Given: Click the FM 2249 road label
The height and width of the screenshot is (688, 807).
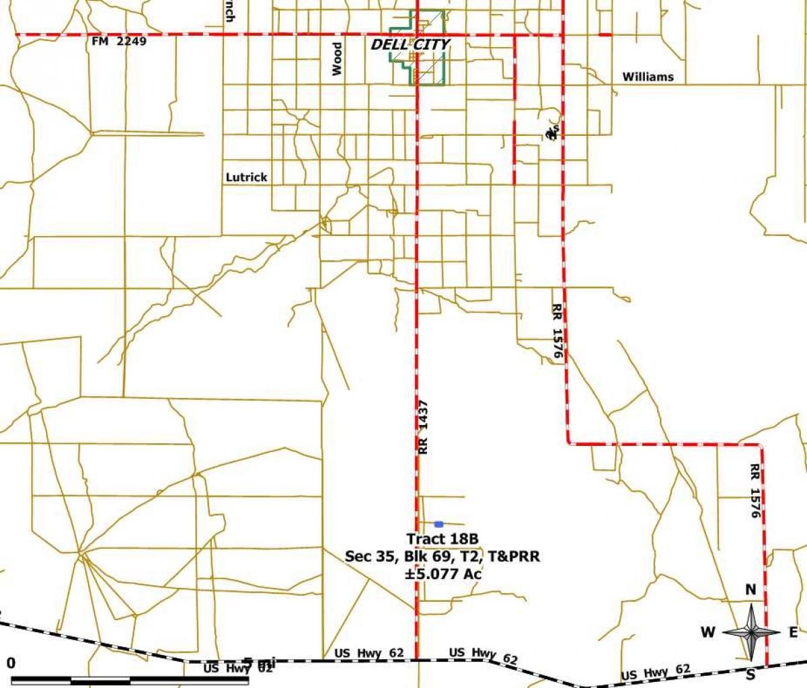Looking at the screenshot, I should (x=118, y=42).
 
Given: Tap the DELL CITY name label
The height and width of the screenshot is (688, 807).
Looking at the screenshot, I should (x=411, y=45).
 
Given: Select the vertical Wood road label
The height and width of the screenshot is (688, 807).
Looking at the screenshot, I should (x=338, y=59).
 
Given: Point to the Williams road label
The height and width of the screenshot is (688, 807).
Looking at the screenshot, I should (x=648, y=77).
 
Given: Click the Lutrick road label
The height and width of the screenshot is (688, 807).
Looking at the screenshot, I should (x=246, y=178).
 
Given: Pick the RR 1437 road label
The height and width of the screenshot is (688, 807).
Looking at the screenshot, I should (x=423, y=427).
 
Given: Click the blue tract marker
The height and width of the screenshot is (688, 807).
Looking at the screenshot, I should (x=439, y=524).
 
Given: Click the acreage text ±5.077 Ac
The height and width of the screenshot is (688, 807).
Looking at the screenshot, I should (x=443, y=574).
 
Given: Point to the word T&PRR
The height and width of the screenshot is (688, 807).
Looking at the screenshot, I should (x=514, y=556).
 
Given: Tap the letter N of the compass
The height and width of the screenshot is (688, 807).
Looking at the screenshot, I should (x=751, y=590).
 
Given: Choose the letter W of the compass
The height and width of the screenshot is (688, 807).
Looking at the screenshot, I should (x=707, y=632).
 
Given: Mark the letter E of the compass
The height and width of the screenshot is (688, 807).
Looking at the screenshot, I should (x=793, y=632).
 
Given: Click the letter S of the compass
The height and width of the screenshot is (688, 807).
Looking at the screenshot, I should (x=751, y=673).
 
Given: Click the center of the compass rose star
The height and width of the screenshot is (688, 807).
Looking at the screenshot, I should (x=751, y=632).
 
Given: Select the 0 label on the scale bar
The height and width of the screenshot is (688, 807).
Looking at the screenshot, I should (x=11, y=663).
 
